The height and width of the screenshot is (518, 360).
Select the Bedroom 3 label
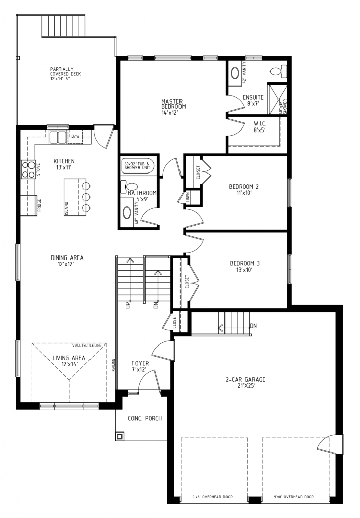[245, 266]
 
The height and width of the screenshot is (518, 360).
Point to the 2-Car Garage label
[245, 383]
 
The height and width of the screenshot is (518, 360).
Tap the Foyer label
[140, 366]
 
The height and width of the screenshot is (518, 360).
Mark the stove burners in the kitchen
[27, 168]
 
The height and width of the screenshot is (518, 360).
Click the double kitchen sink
[58, 137]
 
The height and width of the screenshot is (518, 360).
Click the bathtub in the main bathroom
[141, 166]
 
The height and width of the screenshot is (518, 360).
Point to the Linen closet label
[188, 198]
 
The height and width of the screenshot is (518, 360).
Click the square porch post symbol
[120, 436]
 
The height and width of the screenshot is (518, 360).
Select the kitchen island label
[66, 208]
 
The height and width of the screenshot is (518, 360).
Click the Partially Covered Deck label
[65, 74]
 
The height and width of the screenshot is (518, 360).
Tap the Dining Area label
[67, 261]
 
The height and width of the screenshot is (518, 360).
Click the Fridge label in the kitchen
[39, 205]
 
